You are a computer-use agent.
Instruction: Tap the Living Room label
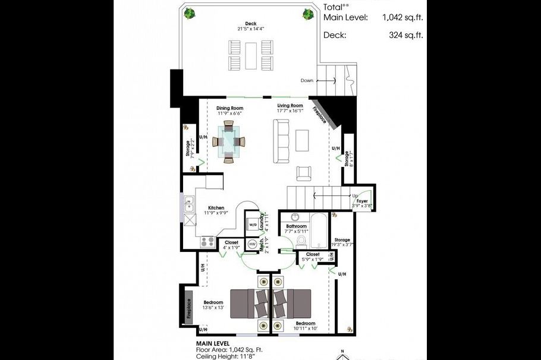(x=290, y=106)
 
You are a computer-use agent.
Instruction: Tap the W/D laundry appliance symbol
(x=253, y=225)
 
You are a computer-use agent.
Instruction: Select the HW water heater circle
(x=252, y=244)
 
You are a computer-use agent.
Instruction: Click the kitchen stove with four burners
(x=207, y=241)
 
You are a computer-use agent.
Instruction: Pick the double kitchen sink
(x=190, y=205)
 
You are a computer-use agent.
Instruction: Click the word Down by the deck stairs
(x=307, y=81)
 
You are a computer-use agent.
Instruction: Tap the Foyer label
(x=362, y=201)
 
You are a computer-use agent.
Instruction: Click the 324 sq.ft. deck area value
(x=407, y=35)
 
